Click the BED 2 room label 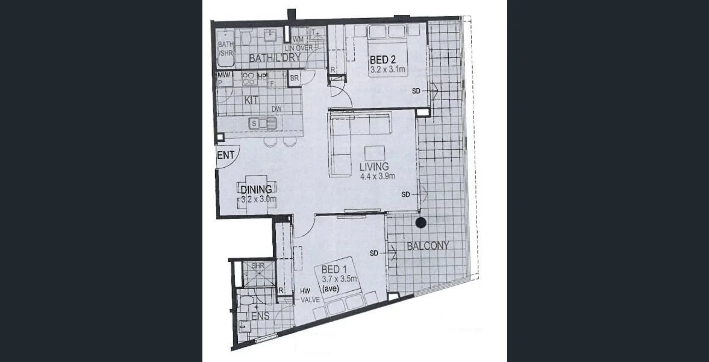tap(383, 60)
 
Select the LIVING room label tap(373, 167)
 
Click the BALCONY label tap(428, 246)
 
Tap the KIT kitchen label tap(252, 100)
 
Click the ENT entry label tap(225, 156)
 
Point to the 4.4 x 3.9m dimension tap(376, 176)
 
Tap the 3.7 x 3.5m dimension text tap(340, 279)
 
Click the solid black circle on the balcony tap(421, 223)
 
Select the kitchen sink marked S tap(254, 124)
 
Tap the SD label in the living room tap(405, 194)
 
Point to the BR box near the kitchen tap(295, 78)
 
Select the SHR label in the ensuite tap(258, 265)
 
